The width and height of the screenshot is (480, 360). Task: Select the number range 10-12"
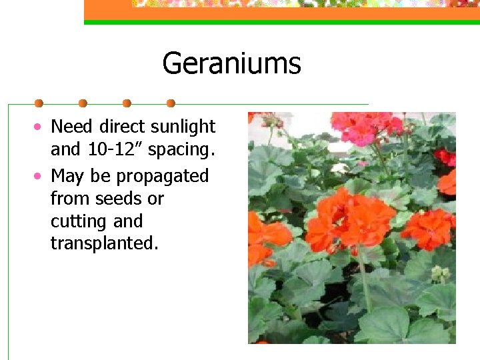pyautogui.click(x=115, y=150)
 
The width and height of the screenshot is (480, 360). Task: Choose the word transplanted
pyautogui.click(x=105, y=243)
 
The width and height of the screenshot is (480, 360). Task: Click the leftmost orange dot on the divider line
pyautogui.click(x=39, y=103)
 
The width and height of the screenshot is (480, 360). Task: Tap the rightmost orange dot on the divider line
pyautogui.click(x=171, y=103)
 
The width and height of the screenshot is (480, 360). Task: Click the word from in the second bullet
pyautogui.click(x=71, y=199)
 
